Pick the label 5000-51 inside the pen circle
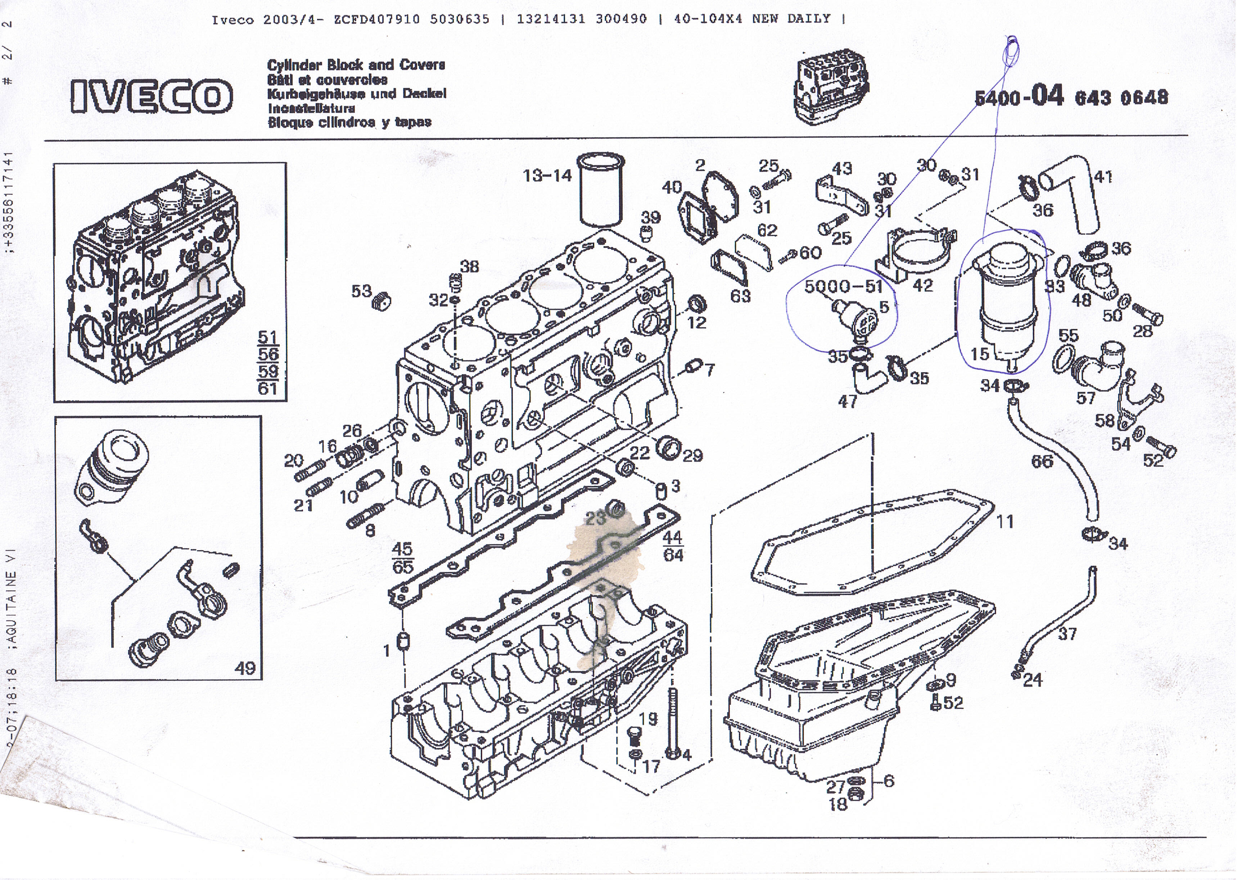[x=843, y=286]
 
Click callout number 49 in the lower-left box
[x=244, y=668]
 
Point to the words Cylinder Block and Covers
[x=356, y=65]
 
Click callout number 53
[x=361, y=292]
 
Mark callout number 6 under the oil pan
[x=889, y=781]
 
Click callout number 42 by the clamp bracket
[x=923, y=285]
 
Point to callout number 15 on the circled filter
[x=980, y=354]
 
